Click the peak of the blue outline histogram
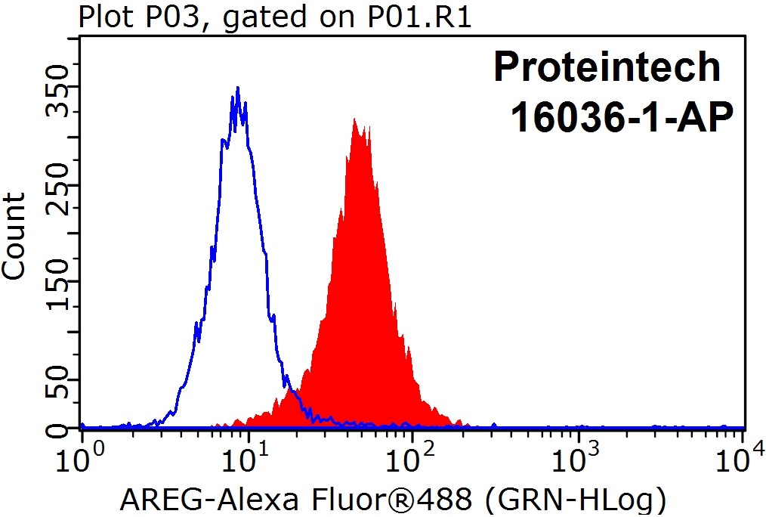[x=238, y=88]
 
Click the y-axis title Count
[x=14, y=235]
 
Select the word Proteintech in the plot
[x=607, y=67]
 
